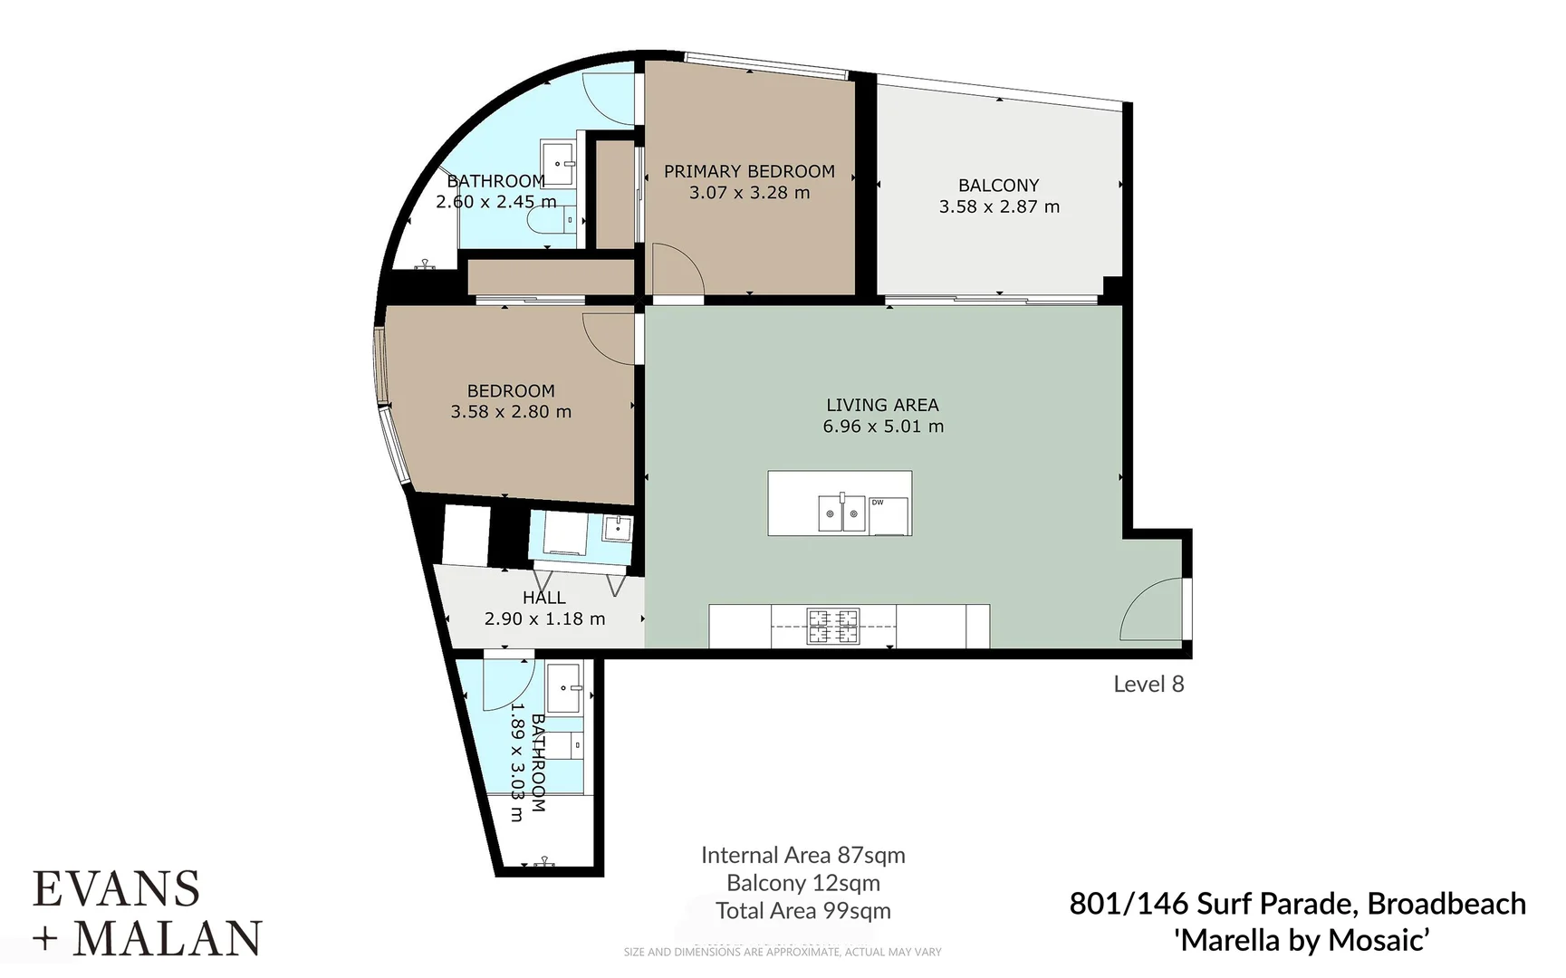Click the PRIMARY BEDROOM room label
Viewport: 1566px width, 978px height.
(749, 171)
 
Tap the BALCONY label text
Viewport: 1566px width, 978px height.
(998, 186)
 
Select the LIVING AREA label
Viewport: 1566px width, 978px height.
(882, 406)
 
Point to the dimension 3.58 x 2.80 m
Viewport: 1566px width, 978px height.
(511, 412)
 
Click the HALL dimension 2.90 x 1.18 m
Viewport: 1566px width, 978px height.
(544, 619)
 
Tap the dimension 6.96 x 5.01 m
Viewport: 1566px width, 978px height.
(883, 427)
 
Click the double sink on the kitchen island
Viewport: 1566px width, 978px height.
(842, 513)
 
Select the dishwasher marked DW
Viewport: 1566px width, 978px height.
(889, 515)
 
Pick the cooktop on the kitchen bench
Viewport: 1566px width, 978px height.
(833, 627)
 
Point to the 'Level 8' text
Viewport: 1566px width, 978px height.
(1148, 685)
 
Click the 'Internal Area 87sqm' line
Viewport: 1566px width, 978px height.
(802, 856)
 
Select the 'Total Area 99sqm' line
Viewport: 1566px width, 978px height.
(802, 911)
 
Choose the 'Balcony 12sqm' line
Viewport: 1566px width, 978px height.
(802, 883)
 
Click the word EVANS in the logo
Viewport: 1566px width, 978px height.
(116, 889)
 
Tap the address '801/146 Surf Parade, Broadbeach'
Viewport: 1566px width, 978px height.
(1297, 904)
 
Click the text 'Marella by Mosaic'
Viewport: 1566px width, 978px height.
(1302, 941)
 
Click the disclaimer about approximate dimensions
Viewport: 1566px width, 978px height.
(782, 952)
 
